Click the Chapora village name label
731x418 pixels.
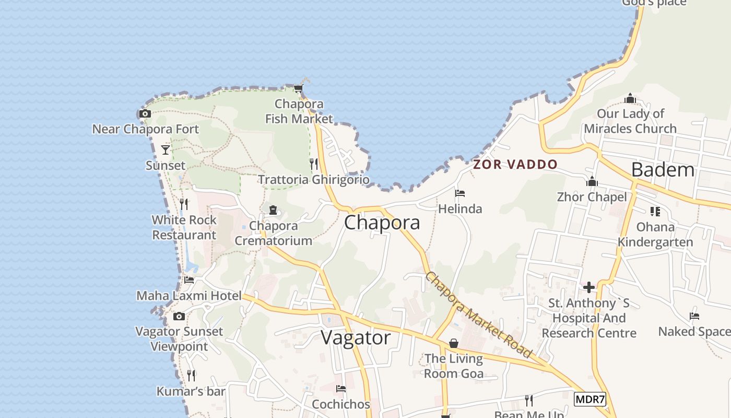[382, 223]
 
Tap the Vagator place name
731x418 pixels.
[355, 338]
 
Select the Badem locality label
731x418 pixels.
[663, 170]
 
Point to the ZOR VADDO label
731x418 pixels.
[515, 165]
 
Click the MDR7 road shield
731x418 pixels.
[590, 400]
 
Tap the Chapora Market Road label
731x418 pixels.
[478, 315]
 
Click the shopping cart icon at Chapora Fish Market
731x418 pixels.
[298, 89]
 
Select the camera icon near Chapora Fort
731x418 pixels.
[145, 114]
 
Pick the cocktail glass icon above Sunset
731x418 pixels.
[166, 150]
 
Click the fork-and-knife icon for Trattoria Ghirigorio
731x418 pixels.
[314, 164]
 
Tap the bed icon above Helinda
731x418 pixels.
[460, 193]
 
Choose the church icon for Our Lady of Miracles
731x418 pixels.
[630, 98]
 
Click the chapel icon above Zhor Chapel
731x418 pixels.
[592, 182]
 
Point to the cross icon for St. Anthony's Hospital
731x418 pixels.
[589, 287]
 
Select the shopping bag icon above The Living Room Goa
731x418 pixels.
[453, 343]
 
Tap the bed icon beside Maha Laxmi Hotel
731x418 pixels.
[189, 280]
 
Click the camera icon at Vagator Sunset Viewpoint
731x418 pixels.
[179, 316]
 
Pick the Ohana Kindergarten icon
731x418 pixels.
[655, 212]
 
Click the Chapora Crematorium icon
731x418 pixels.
[273, 210]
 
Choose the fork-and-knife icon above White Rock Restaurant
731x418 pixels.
[184, 204]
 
